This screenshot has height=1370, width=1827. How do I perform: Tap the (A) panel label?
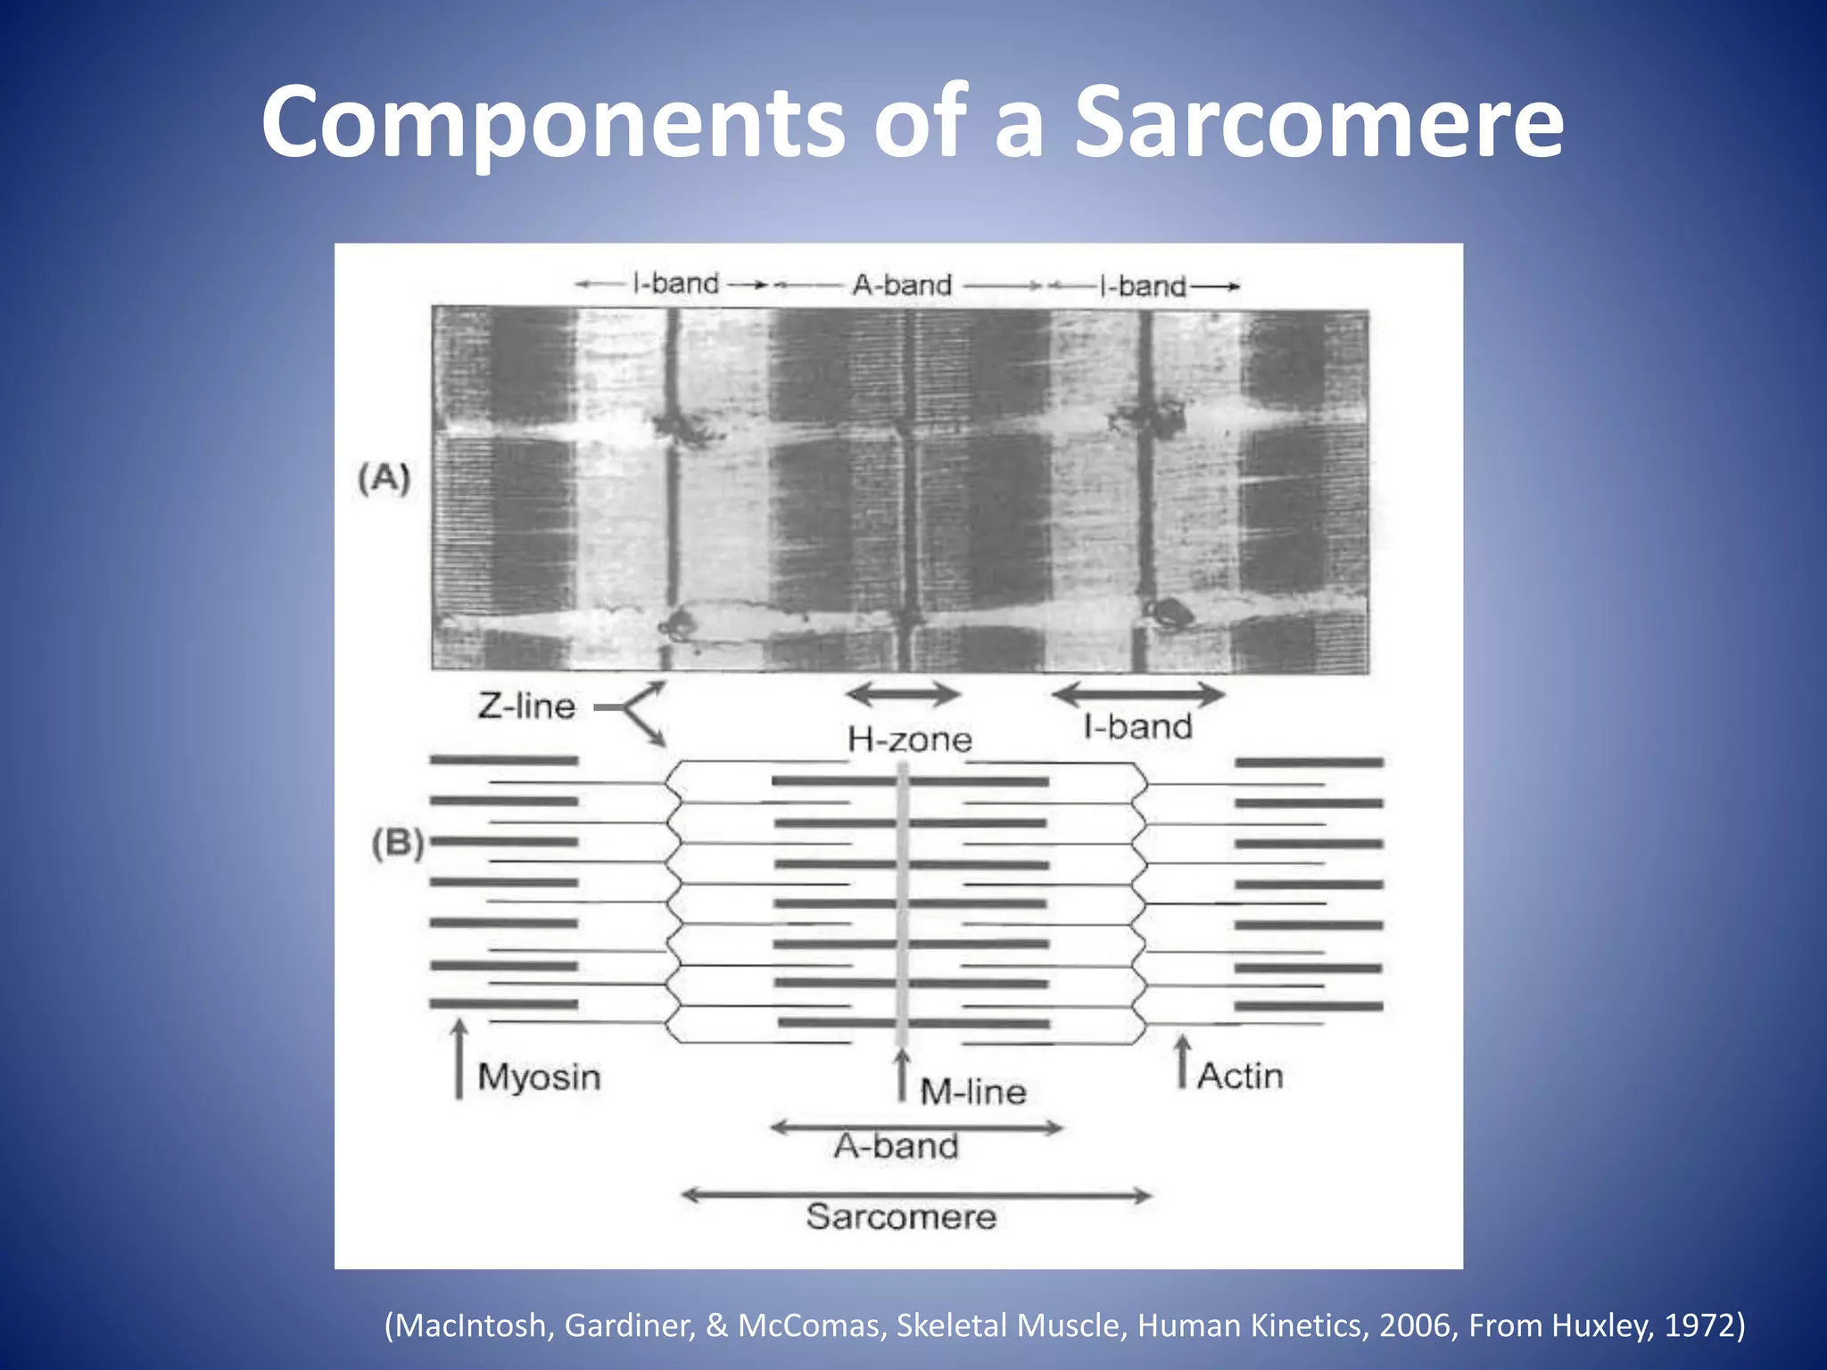(384, 479)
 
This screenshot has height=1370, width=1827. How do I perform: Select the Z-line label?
(526, 706)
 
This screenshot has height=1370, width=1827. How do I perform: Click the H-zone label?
(909, 739)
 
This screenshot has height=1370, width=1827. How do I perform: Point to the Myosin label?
(539, 1077)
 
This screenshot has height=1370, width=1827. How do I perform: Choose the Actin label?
(1240, 1076)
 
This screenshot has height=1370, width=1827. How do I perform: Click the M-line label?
(972, 1091)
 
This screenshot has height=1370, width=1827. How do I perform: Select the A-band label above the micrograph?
(902, 285)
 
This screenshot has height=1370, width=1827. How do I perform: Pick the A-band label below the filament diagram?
(897, 1146)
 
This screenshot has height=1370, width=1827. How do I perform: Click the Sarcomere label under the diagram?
(901, 1217)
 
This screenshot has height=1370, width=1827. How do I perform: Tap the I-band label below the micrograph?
(1137, 727)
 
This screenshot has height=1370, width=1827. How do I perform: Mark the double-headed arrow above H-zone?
(903, 694)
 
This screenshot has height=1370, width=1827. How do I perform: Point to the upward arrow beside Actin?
(1183, 1061)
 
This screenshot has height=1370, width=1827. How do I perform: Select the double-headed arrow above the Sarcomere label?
(916, 1195)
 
